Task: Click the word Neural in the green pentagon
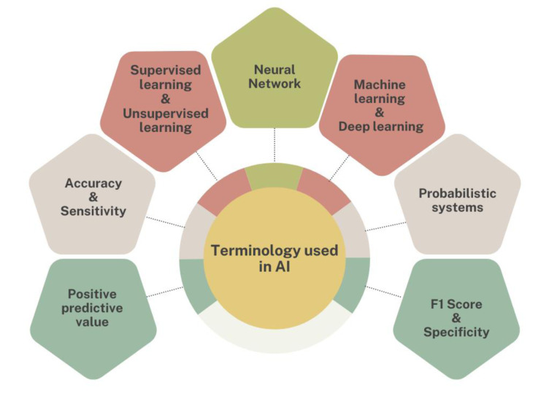[x=274, y=69]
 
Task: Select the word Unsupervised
[x=169, y=113]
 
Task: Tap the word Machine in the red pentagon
[x=380, y=85]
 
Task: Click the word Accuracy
[x=92, y=183]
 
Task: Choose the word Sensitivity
[x=93, y=211]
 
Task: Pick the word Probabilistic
[x=457, y=193]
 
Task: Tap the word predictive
[x=93, y=308]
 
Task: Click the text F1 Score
[x=457, y=305]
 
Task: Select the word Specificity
[x=457, y=333]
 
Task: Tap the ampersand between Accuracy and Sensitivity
[x=92, y=197]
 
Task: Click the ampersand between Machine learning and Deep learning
[x=380, y=112]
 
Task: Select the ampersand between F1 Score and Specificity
[x=457, y=319]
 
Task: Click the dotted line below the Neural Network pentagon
[x=274, y=146]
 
